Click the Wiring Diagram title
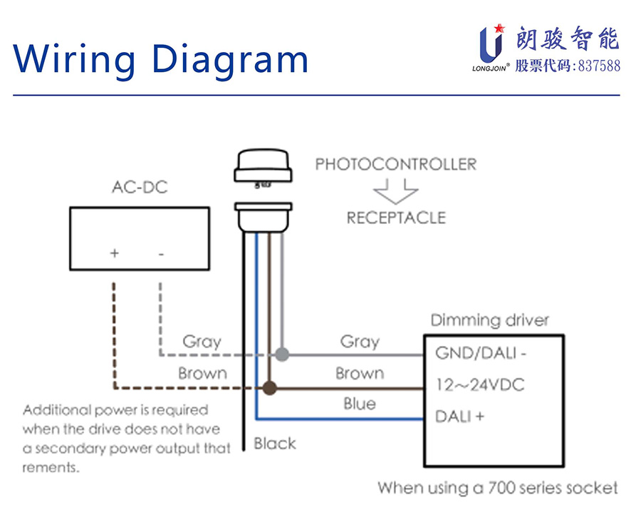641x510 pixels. pos(161,58)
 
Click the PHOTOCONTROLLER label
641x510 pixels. pos(396,165)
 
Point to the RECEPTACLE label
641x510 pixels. pos(396,218)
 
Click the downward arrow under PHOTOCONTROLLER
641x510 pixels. pos(395,191)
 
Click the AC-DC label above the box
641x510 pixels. pos(140,188)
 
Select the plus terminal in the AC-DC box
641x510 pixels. pos(114,253)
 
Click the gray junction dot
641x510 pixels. pos(282,354)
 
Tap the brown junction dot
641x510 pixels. pos(269,388)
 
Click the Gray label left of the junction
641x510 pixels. pos(202,342)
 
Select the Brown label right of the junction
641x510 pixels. pos(360,373)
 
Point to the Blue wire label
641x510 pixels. pos(360,404)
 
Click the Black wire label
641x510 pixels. pos(275,444)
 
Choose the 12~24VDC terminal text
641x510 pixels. pos(480,385)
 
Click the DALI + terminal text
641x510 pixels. pos(460,417)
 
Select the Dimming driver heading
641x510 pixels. pos(490,320)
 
